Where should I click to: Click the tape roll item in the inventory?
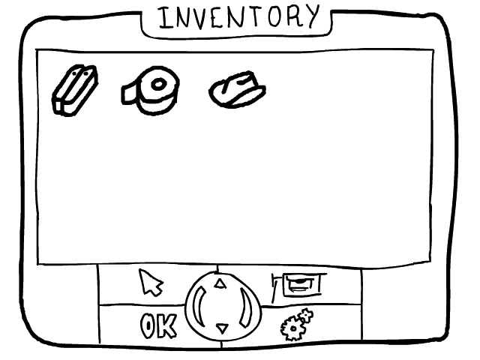click(x=152, y=90)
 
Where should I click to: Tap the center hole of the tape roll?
click(x=159, y=85)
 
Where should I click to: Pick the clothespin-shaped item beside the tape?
click(x=74, y=90)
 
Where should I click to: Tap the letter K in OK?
click(x=167, y=326)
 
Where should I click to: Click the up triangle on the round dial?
click(x=220, y=283)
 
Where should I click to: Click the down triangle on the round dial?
click(x=220, y=328)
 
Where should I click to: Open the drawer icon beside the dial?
click(x=299, y=283)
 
